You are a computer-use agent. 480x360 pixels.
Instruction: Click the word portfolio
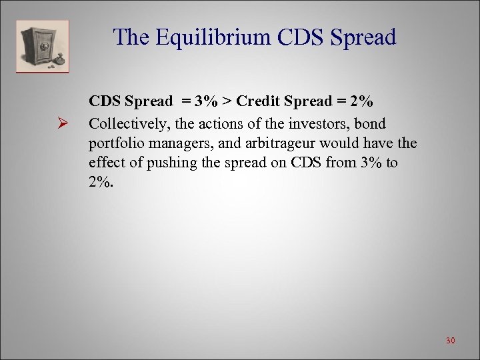tap(115, 143)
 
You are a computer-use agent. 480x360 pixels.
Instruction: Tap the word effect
tap(107, 163)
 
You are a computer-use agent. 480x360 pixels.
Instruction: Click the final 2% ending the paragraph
tap(101, 182)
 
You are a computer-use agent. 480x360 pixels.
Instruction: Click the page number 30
tap(450, 341)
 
